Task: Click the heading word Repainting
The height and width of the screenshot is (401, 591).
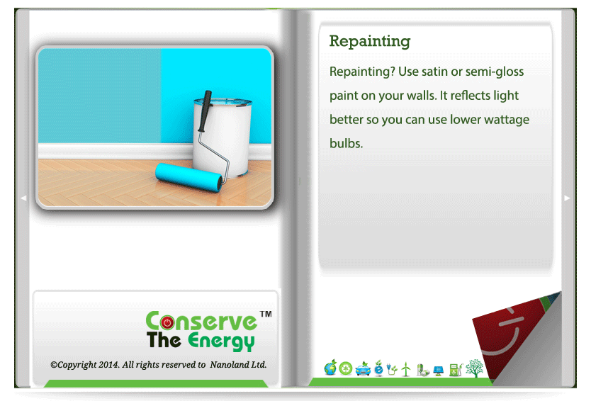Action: pos(370,42)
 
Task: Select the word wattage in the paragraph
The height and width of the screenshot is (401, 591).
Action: pos(507,120)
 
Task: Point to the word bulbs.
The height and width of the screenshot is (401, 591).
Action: pos(346,144)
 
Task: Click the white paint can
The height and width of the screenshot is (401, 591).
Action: pos(223,137)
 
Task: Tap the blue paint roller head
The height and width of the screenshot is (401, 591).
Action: pos(188,177)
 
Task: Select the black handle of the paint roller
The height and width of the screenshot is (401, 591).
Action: pos(205,111)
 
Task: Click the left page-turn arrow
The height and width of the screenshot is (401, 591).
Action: pos(23,198)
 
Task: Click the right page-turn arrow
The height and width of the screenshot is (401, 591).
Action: pos(567,198)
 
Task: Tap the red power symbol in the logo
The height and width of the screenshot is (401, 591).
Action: pos(167,322)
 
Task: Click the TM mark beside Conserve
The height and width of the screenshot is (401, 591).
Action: pos(266,314)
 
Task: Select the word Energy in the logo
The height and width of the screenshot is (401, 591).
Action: pos(221,341)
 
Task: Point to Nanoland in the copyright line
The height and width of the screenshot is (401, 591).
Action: pos(225,365)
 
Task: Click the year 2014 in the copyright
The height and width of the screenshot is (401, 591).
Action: pos(108,365)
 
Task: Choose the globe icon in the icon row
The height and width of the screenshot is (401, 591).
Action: pos(330,368)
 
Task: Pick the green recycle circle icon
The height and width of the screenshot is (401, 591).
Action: pos(346,368)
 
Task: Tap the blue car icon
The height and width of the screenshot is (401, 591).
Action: pos(363,369)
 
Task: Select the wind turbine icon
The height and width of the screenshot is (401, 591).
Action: pos(406,369)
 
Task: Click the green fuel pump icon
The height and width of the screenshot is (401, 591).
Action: pos(456,370)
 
